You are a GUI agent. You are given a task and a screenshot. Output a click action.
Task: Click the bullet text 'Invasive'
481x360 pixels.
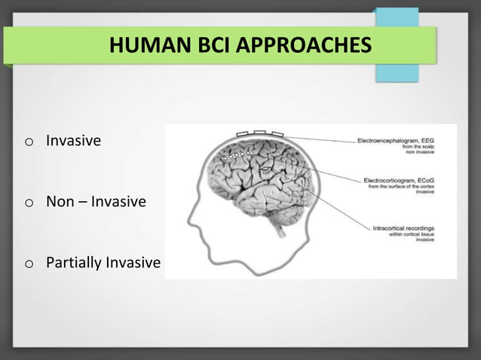click(x=73, y=140)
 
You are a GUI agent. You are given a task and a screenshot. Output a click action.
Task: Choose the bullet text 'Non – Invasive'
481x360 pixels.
click(x=96, y=202)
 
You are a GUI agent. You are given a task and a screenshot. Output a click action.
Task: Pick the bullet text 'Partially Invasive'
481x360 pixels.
click(x=103, y=263)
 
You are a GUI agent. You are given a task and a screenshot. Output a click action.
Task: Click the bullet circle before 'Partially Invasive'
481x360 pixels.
click(x=28, y=264)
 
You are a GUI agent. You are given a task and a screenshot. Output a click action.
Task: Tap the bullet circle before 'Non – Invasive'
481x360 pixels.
click(x=28, y=203)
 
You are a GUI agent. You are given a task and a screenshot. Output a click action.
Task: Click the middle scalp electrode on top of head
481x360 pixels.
click(x=259, y=133)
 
